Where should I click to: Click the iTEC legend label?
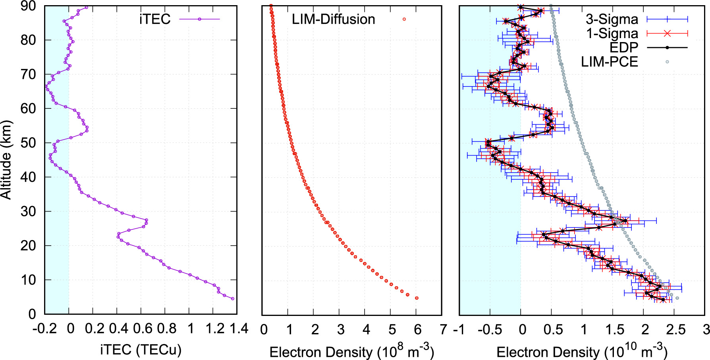[155, 19]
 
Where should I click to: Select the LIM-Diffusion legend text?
[333, 19]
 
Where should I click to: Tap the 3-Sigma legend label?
[612, 19]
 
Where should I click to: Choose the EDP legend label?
[623, 48]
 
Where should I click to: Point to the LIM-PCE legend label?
[609, 62]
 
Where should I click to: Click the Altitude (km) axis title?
[6, 160]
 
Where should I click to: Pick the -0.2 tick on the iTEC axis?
[46, 329]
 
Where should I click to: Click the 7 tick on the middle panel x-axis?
[444, 329]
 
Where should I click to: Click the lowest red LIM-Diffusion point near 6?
[417, 298]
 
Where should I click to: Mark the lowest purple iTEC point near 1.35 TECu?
[232, 298]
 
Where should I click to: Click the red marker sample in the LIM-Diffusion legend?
[404, 19]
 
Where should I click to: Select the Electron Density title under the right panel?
[582, 351]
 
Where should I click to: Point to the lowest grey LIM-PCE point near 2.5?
[677, 298]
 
